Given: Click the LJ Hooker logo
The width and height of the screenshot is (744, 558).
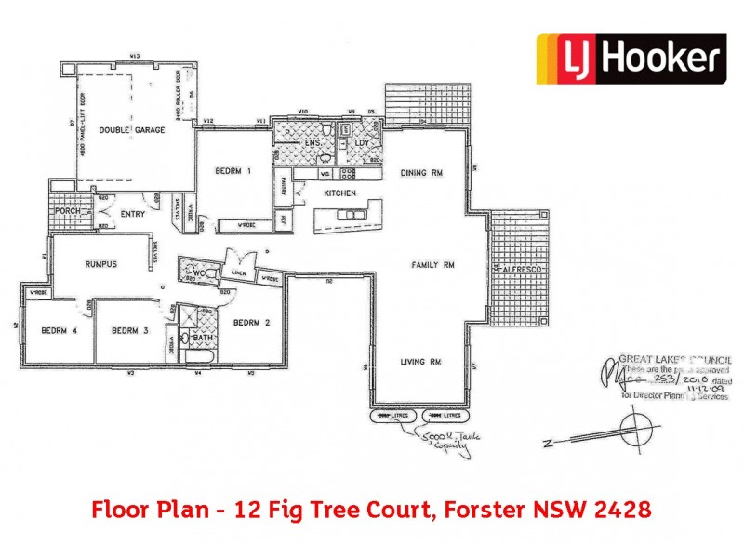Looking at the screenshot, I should [x=630, y=60].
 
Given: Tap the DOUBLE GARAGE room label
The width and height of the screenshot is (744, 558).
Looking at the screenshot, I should [x=132, y=130].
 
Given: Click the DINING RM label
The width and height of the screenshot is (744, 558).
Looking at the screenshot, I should [x=419, y=173].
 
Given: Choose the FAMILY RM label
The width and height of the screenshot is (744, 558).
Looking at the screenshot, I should [x=432, y=265].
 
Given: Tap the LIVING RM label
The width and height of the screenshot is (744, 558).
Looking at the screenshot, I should [x=420, y=361].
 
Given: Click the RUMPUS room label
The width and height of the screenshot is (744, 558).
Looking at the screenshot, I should [x=100, y=264].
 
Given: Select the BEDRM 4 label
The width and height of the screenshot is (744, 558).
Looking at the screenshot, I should [x=58, y=329].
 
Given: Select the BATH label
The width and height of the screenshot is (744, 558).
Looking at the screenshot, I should [x=204, y=338].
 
